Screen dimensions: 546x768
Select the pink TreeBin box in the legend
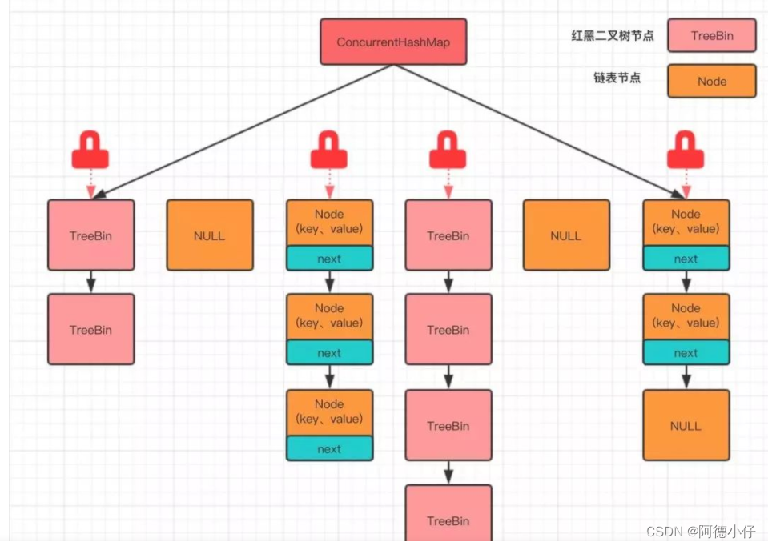coord(711,36)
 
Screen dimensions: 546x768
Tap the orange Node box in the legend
coord(711,81)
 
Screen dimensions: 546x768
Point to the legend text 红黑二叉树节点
coord(613,36)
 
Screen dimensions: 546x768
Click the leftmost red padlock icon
coord(90,151)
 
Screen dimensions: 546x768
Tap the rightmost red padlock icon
coord(686,151)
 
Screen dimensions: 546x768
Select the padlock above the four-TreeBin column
coord(448,151)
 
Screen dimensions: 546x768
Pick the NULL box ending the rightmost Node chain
coord(686,425)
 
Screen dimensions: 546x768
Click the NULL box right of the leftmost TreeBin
coord(209,235)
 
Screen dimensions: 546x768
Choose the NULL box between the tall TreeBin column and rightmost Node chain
coord(565,235)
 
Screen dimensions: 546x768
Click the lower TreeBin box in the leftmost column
coord(90,329)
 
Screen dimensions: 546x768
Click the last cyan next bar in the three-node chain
coord(329,449)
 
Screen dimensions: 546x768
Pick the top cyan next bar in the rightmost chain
coord(686,259)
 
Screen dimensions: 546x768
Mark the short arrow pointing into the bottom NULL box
coord(686,377)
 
